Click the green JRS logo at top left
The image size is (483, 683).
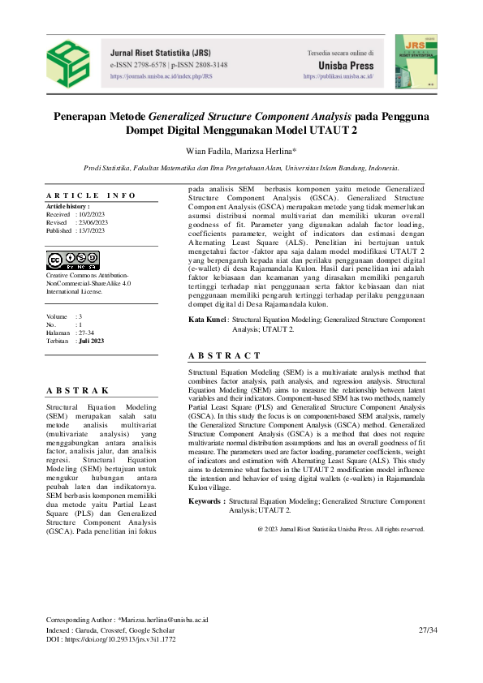coord(68,61)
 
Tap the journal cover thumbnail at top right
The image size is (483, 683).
coord(414,60)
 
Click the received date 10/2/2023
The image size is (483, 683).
coord(93,214)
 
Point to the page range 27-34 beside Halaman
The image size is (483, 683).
coord(89,333)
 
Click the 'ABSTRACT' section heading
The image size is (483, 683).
coord(224,355)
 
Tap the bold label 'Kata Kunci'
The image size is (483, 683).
coord(207,320)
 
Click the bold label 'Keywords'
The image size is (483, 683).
coord(206,502)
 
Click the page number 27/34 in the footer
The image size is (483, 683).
coord(427,629)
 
